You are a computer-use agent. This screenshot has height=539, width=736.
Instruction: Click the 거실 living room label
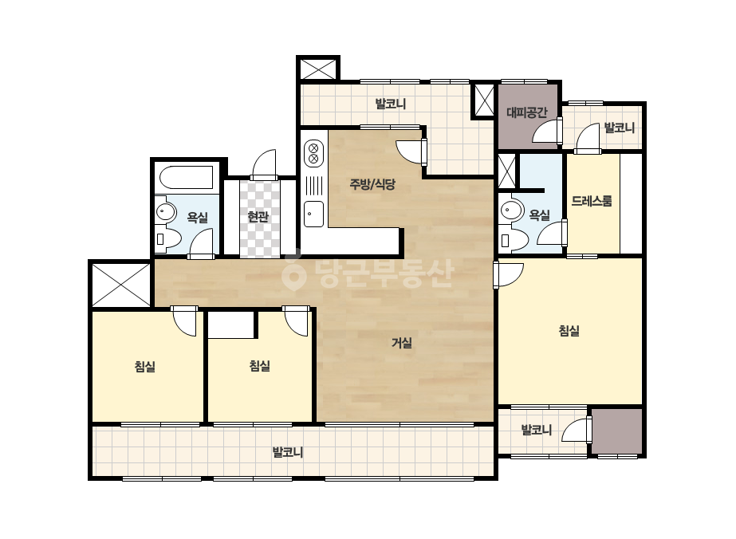[x=402, y=343]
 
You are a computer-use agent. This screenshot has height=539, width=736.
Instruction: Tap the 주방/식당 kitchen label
[x=372, y=184]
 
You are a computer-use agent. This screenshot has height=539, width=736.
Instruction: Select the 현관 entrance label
[x=258, y=216]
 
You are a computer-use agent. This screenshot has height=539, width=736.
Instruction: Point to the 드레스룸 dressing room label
[x=592, y=202]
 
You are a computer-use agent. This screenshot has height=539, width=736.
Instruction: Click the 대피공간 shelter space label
[x=526, y=112]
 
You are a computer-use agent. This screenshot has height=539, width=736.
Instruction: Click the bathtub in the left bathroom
[x=187, y=178]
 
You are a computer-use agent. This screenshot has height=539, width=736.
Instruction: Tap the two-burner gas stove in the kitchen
[x=314, y=153]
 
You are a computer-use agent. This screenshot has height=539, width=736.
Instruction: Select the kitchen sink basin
[x=313, y=214]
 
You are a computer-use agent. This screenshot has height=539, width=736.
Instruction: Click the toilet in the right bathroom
[x=511, y=239]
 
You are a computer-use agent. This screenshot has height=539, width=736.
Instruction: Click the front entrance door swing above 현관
[x=264, y=164]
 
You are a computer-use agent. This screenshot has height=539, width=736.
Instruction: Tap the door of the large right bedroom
[x=509, y=275]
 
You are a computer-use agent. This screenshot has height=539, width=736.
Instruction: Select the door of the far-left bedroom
[x=184, y=321]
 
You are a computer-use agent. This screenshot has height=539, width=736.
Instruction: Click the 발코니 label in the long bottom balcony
[x=288, y=453]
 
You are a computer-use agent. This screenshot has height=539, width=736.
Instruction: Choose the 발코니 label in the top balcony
[x=391, y=104]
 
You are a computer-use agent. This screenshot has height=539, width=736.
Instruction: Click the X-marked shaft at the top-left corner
[x=318, y=69]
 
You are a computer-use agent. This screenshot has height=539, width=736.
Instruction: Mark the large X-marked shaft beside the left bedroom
[x=121, y=285]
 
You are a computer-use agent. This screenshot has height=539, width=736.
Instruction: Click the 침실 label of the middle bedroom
[x=260, y=366]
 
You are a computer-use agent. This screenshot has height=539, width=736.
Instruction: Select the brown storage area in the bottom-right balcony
[x=616, y=431]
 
